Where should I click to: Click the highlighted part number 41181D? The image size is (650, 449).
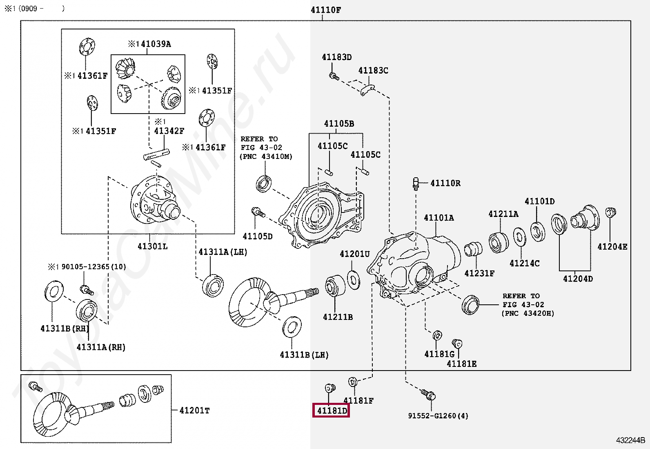pos(332,411)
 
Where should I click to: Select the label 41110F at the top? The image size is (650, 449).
pos(325,10)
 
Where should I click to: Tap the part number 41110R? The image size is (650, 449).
pos(445,183)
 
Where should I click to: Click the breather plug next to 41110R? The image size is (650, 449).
pos(416,184)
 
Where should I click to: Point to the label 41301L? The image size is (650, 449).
pos(152,246)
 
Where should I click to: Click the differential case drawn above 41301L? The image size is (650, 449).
pos(155,200)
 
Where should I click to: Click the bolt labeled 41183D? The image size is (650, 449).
pos(334,76)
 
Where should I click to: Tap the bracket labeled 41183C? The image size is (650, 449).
pos(367,90)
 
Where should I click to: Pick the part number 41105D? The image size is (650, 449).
pos(257,236)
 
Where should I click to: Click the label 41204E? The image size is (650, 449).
pos(612,247)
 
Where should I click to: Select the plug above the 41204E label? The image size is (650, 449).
pos(610,212)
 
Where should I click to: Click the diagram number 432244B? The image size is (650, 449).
pos(630,440)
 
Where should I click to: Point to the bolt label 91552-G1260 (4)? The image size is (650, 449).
pos(438,416)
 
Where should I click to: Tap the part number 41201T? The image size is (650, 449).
pos(194,410)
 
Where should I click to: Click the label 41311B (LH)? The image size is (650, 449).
pos(304,355)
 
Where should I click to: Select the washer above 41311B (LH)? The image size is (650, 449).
pos(292,327)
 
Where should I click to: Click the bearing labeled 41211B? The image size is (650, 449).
pos(335,286)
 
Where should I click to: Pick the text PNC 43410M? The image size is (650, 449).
pos(266,156)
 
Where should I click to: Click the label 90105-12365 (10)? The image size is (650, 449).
pos(93,267)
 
